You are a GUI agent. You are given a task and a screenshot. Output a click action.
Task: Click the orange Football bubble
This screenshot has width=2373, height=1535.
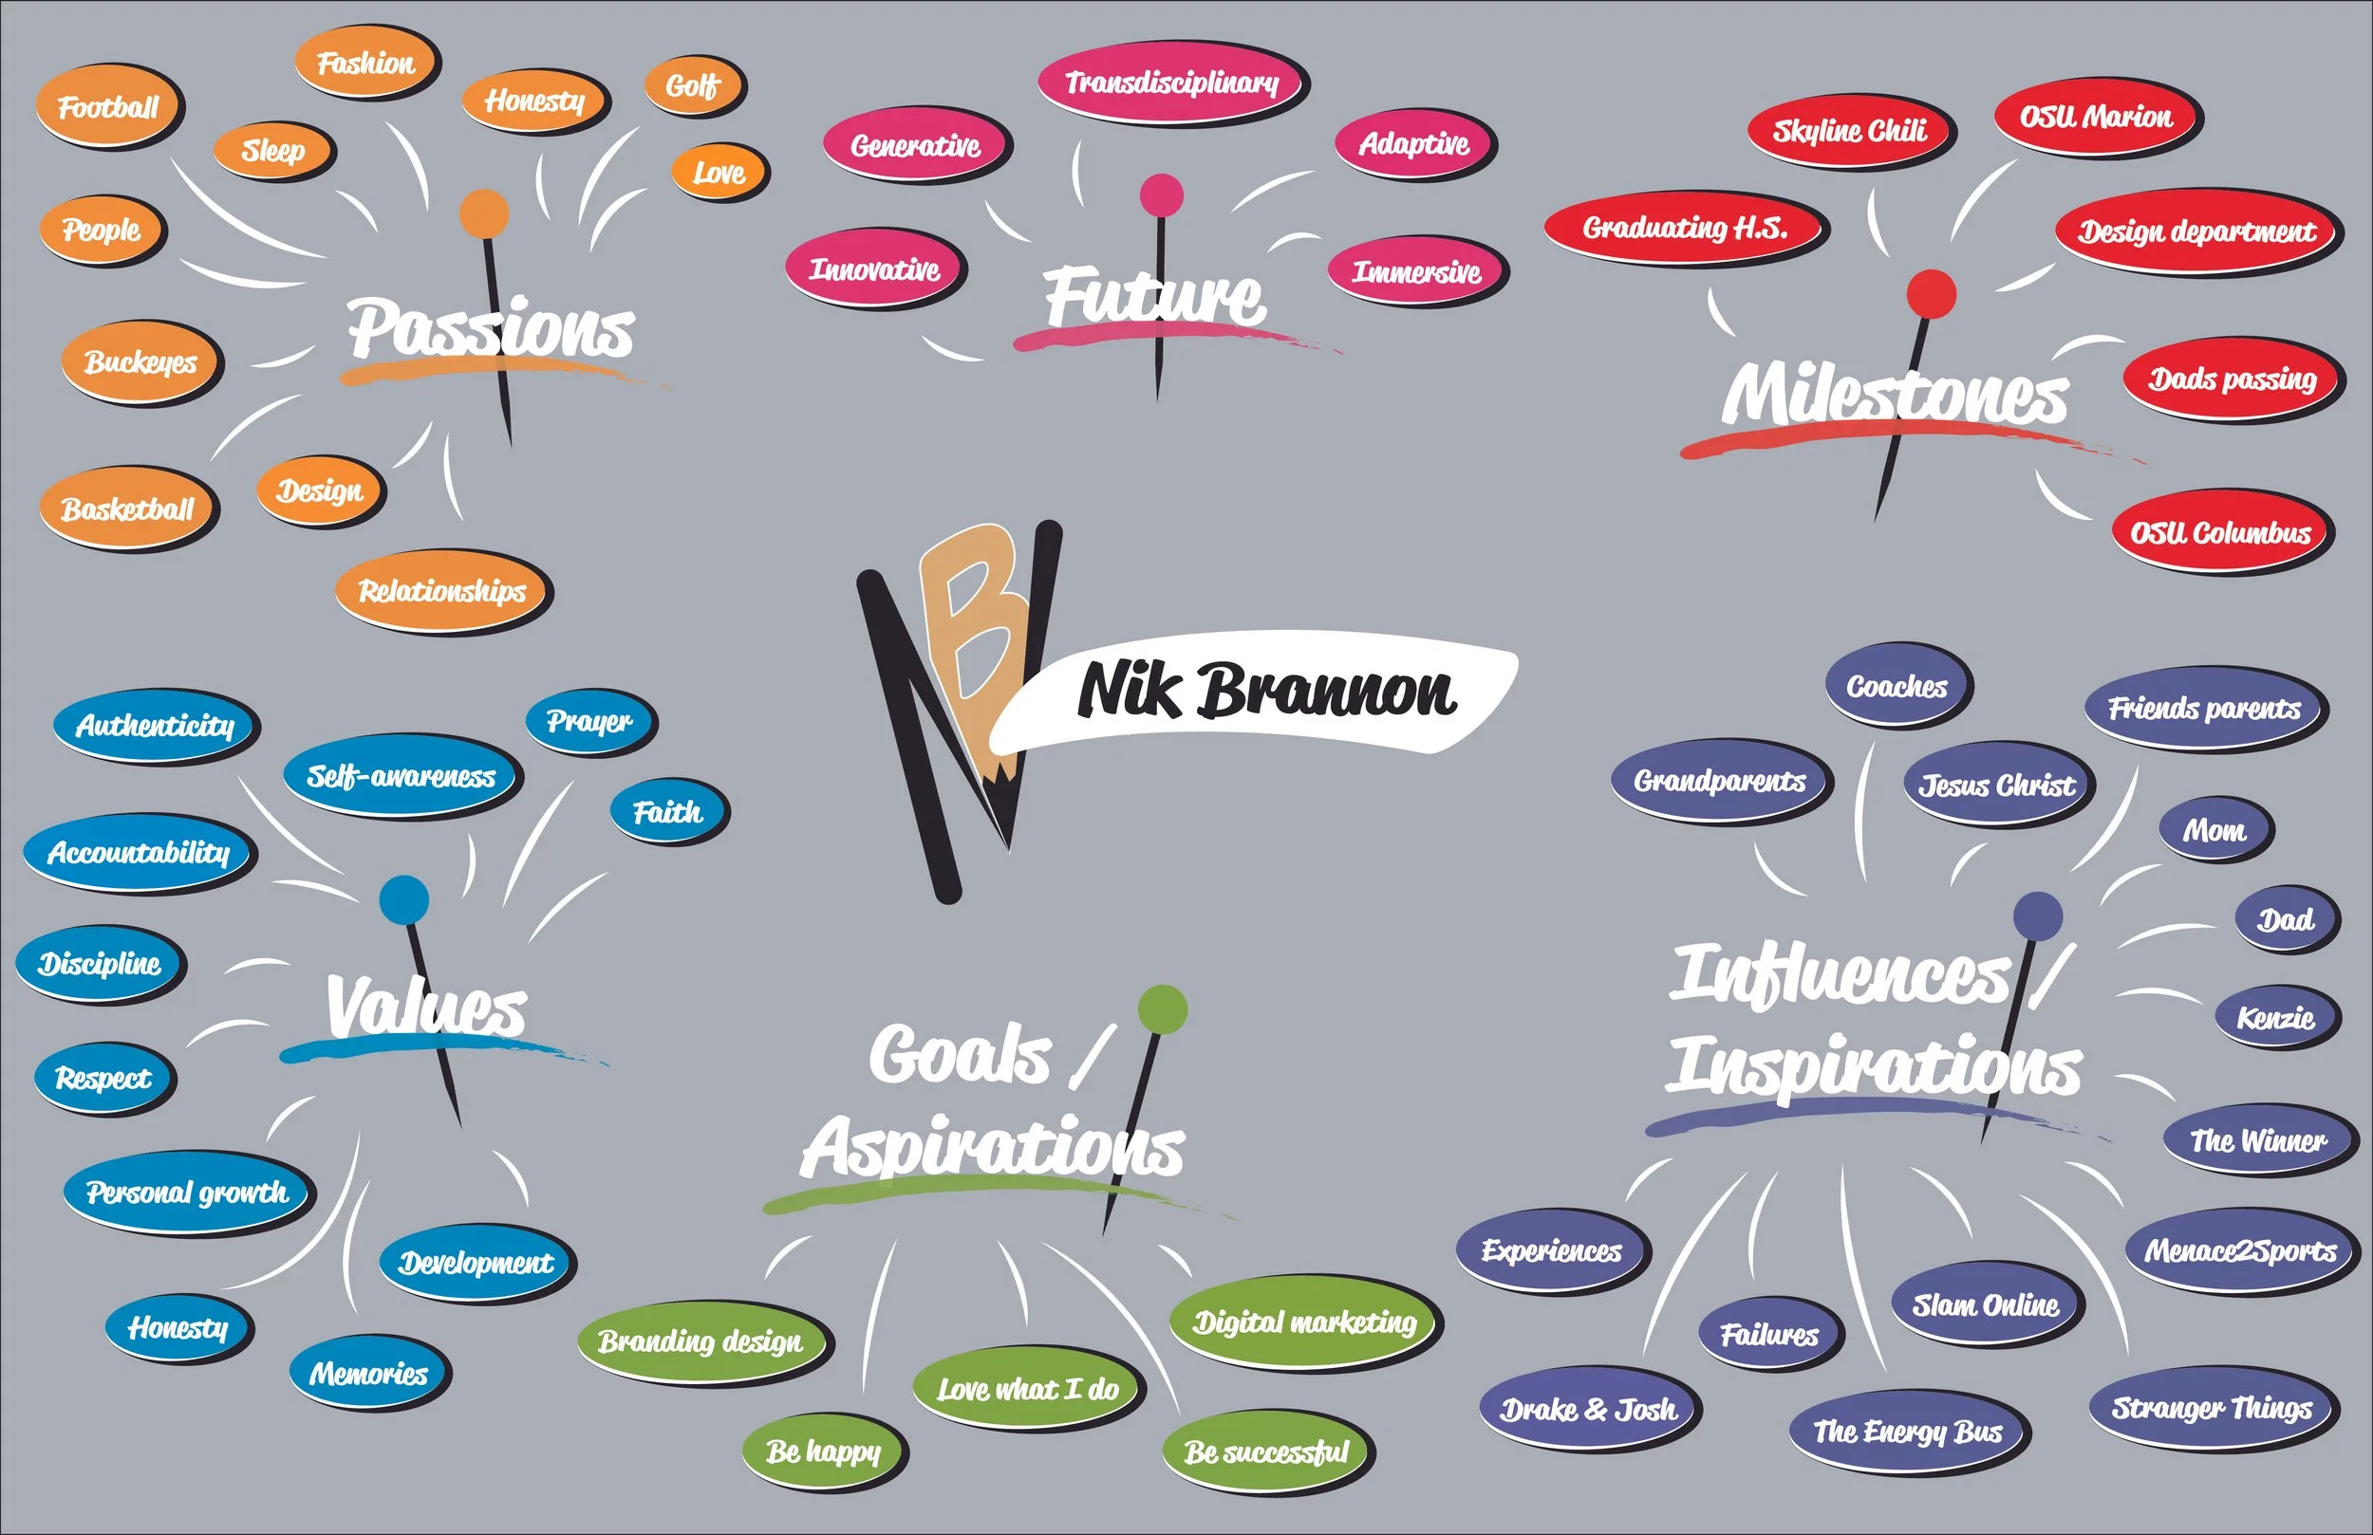pyautogui.click(x=107, y=106)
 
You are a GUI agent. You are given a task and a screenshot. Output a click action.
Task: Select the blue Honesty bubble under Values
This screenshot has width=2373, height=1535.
pyautogui.click(x=178, y=1326)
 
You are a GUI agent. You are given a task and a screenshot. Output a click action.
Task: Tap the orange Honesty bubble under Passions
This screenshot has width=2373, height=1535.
pyautogui.click(x=534, y=101)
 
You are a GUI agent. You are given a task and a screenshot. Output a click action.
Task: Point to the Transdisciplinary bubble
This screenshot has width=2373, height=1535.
pyautogui.click(x=1171, y=82)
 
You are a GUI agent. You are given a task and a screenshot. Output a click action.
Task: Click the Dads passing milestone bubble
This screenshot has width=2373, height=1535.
pyautogui.click(x=2232, y=379)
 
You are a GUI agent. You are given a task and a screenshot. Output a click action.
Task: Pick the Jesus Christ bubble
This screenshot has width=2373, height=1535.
pyautogui.click(x=1997, y=786)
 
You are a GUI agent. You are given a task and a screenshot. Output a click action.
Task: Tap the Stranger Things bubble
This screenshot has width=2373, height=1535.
pyautogui.click(x=2212, y=1408)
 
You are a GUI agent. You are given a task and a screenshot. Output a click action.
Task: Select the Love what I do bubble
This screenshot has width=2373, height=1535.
pyautogui.click(x=1027, y=1389)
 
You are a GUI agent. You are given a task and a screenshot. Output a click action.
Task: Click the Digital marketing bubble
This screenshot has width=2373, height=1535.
pyautogui.click(x=1304, y=1322)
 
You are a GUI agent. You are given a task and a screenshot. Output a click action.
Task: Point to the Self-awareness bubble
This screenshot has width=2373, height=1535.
pyautogui.click(x=401, y=776)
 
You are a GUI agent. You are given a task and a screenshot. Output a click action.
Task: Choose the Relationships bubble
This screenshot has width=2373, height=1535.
pyautogui.click(x=441, y=591)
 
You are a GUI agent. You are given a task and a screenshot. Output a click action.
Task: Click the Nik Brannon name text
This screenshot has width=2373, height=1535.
pyautogui.click(x=1266, y=690)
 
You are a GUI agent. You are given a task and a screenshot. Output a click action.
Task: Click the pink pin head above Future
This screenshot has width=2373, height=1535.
pyautogui.click(x=1162, y=194)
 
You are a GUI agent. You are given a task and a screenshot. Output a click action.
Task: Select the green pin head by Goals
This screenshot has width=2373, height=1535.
pyautogui.click(x=1163, y=1008)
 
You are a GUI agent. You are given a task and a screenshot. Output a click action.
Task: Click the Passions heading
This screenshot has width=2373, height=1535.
pyautogui.click(x=491, y=328)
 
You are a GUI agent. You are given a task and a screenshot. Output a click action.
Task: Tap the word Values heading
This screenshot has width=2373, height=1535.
pyautogui.click(x=427, y=1006)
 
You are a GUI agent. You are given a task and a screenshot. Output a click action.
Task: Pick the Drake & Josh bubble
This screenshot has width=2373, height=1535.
pyautogui.click(x=1588, y=1410)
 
